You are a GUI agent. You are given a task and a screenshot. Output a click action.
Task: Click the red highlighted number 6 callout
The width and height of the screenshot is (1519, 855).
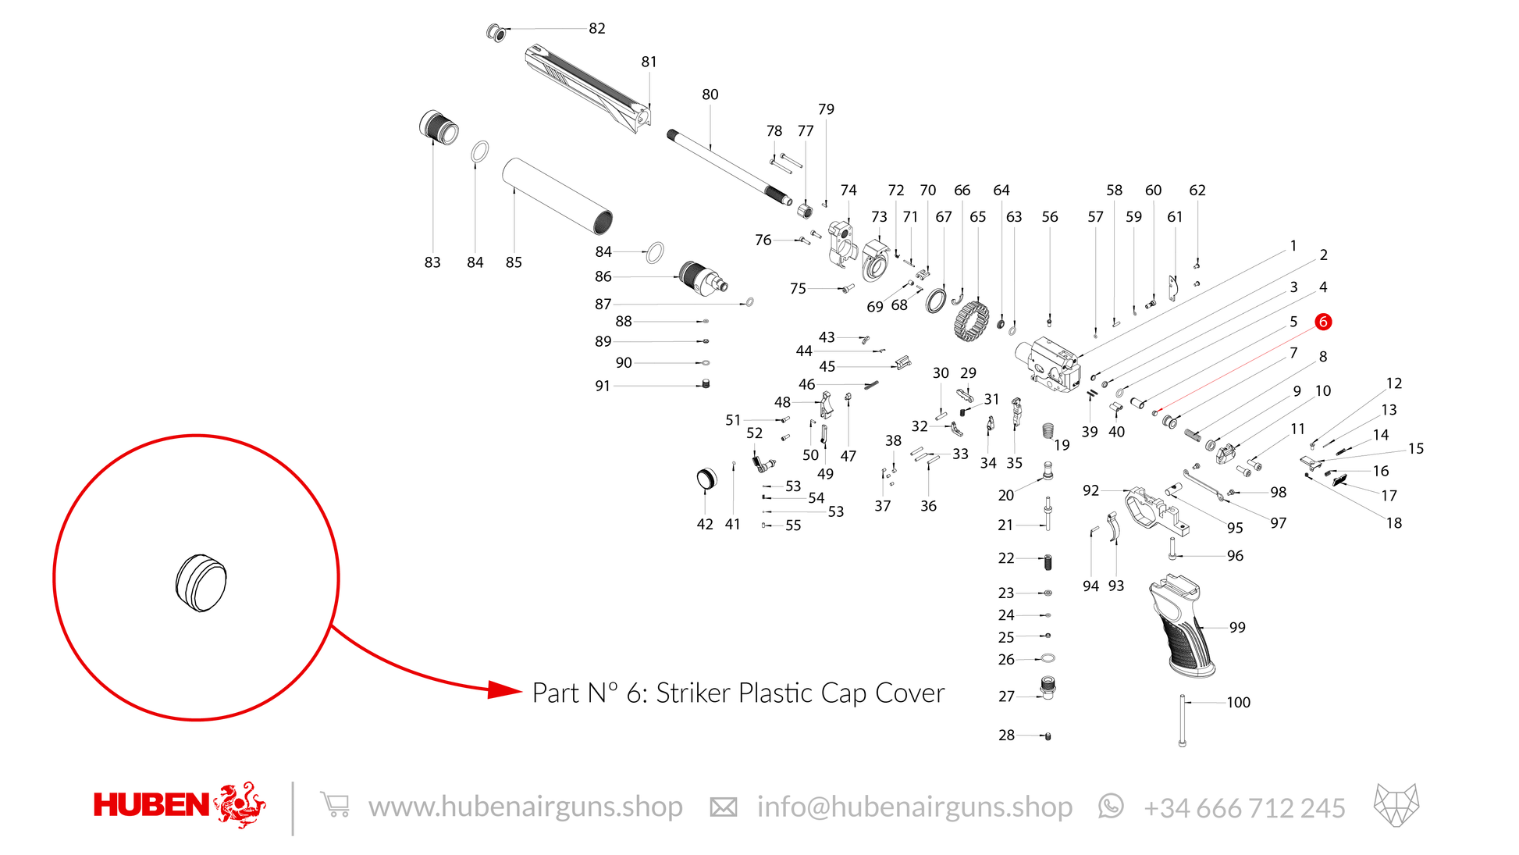[1322, 322]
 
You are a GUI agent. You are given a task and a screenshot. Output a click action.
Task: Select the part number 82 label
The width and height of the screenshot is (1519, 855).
[597, 28]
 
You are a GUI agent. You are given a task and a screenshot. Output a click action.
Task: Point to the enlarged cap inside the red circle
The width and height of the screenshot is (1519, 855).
[201, 582]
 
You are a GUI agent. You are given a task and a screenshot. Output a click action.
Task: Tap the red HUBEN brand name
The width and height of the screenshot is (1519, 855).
[151, 805]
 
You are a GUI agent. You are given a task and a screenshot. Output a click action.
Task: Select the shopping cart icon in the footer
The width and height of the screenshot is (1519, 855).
[335, 804]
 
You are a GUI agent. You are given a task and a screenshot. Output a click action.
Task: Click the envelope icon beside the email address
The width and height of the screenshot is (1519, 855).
[724, 807]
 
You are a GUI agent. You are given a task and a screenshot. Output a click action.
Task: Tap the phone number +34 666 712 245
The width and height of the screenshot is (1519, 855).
[1244, 807]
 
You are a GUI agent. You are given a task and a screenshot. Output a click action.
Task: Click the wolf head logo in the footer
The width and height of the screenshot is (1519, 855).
[1396, 805]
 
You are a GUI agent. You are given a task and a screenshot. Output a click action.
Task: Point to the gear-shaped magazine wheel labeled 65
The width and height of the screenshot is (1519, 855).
[971, 321]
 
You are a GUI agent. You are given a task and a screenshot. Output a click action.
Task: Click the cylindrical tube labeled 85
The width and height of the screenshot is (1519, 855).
[557, 196]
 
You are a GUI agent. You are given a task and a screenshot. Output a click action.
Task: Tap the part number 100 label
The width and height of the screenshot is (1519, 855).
[1238, 702]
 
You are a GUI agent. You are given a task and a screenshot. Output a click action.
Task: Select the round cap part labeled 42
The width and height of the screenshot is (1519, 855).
[706, 479]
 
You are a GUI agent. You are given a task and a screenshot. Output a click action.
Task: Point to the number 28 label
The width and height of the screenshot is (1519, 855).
[1006, 735]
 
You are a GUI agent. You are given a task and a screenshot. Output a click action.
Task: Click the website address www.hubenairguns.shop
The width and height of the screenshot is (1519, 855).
[525, 807]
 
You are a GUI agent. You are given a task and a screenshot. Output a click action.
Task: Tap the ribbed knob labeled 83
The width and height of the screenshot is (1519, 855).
[439, 127]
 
